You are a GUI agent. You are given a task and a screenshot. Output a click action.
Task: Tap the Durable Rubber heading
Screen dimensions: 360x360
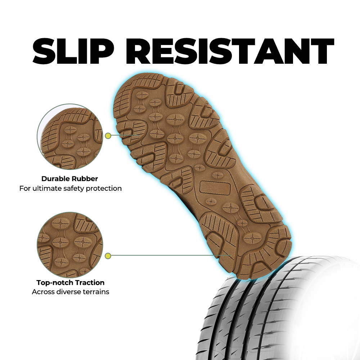(69, 179)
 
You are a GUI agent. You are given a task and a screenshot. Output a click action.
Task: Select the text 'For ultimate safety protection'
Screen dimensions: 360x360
(70, 188)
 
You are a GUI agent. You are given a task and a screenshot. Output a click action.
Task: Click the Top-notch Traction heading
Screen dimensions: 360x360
(70, 283)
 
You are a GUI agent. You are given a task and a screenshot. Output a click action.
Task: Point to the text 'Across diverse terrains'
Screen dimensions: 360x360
(70, 292)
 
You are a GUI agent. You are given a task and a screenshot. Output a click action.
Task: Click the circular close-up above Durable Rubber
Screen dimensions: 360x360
(69, 137)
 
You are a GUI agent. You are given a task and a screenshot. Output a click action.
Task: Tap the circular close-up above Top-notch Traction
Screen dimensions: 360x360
(69, 245)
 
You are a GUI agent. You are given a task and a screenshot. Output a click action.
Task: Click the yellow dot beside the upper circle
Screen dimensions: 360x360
(108, 136)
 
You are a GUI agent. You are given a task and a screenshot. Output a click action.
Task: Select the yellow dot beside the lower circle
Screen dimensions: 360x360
(108, 256)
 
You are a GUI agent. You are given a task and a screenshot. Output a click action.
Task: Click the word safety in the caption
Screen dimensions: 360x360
(75, 188)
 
